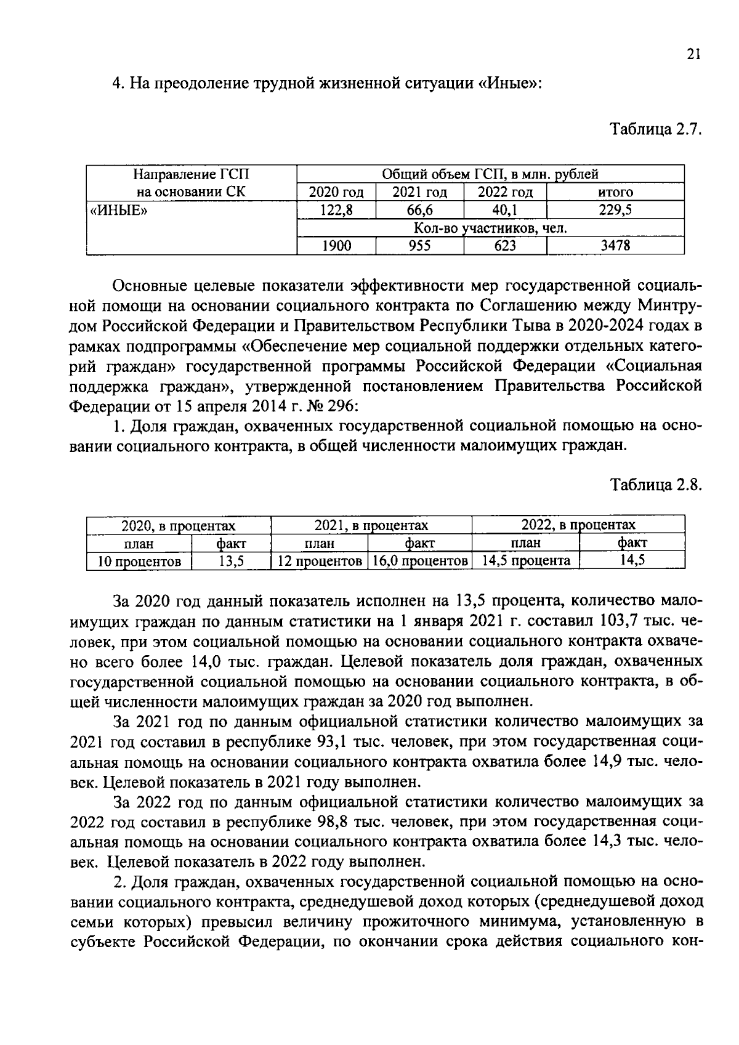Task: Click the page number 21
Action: pos(693,55)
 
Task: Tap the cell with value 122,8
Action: pos(336,210)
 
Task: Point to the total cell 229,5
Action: pos(615,210)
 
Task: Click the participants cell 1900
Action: pos(336,246)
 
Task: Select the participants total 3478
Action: pos(615,246)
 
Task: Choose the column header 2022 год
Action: pos(505,192)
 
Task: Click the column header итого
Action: pos(615,192)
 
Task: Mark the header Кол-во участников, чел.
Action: pos(490,228)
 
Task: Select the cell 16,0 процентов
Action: pos(420,561)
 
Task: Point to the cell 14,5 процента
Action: pos(526,561)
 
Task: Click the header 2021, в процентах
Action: pos(371,525)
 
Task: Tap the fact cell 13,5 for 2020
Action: pos(232,561)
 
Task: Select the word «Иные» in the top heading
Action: pos(509,84)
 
